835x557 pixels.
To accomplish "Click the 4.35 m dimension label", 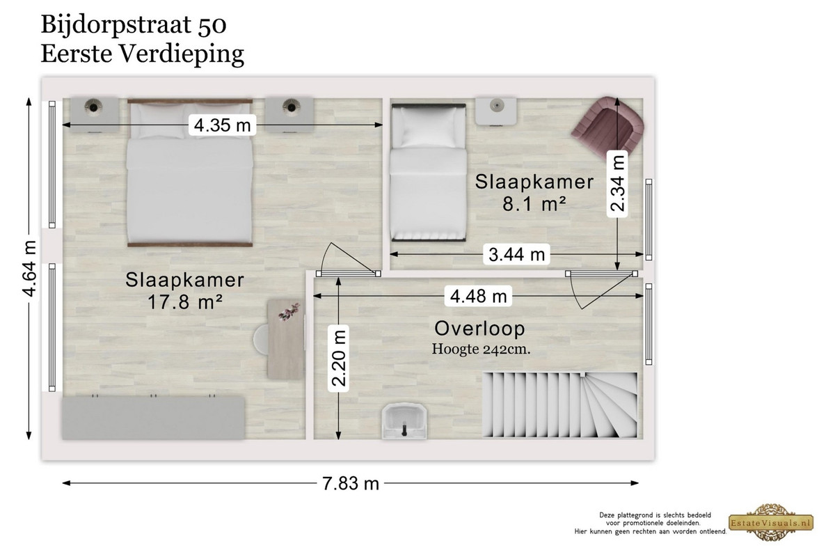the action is pos(222,125).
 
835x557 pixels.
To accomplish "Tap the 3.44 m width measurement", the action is pos(516,254).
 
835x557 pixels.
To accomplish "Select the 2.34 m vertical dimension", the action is pos(617,184).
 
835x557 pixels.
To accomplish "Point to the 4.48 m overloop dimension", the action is pos(478,296).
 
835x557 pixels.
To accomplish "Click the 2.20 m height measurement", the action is pos(338,358).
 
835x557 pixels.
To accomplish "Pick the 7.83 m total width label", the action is pos(351,483).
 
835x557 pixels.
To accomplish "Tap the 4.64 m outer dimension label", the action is pos(29,269).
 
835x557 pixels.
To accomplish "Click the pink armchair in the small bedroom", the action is pos(607,125).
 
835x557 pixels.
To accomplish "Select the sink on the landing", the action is pos(404,421).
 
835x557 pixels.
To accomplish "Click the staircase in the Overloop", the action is pos(560,405).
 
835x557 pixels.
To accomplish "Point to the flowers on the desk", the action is pos(289,311).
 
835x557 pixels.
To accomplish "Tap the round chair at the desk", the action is pos(261,340).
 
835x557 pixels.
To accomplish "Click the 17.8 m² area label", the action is pos(185,302).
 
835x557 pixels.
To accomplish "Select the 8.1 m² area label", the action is pos(534,204).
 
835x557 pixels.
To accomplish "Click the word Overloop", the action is pos(479,329).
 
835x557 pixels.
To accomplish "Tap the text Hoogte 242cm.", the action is pos(481,350).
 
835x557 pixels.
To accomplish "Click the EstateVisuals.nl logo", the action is pos(771,522).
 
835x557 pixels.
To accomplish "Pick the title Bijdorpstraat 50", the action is pos(134,25).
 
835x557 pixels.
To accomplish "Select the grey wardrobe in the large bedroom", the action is pos(153,418).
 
